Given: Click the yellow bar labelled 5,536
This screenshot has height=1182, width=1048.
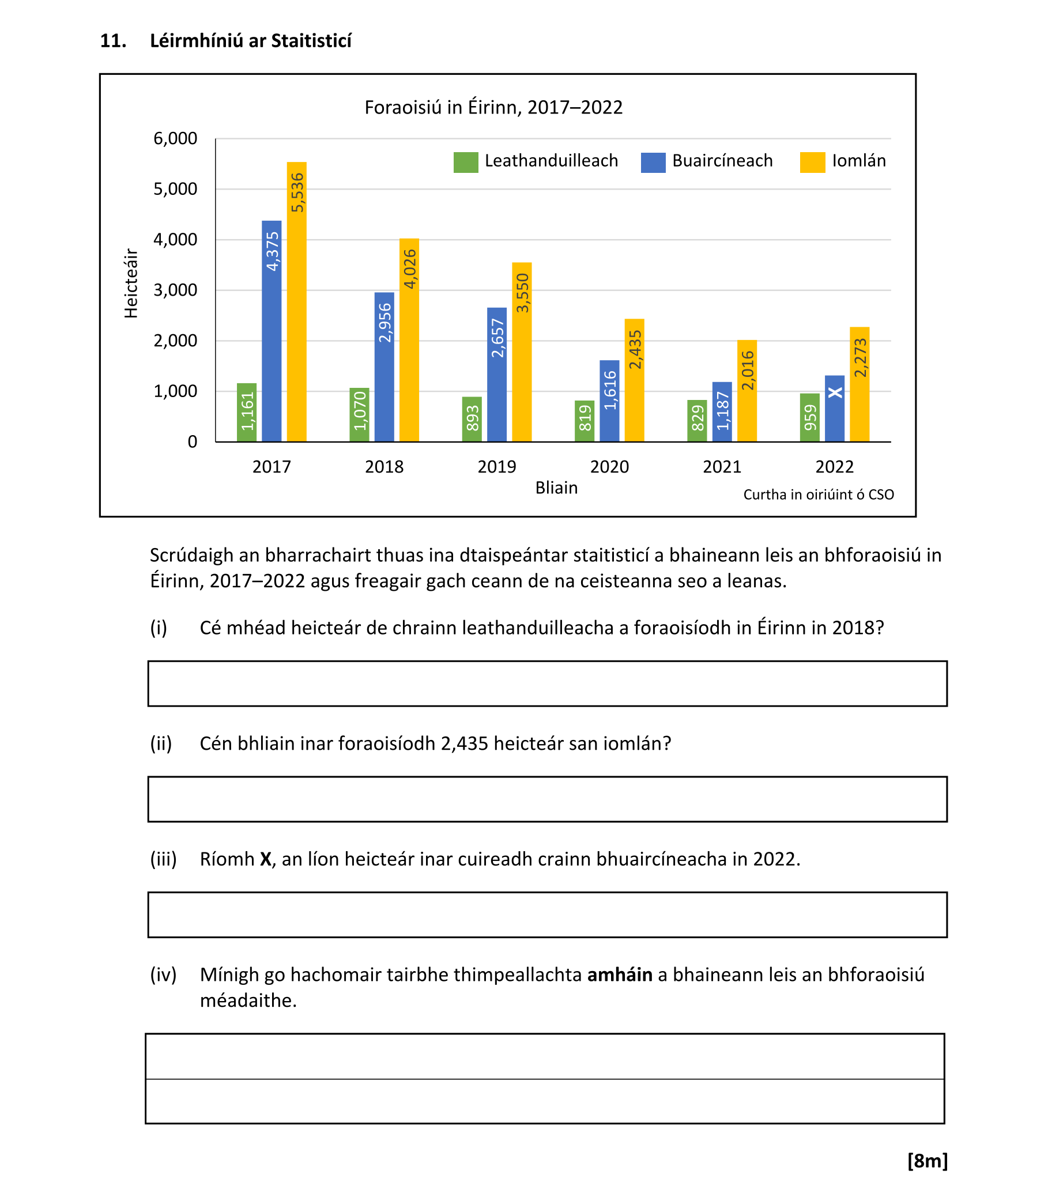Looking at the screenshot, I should (297, 301).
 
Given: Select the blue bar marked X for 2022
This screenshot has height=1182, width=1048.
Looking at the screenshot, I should (835, 408).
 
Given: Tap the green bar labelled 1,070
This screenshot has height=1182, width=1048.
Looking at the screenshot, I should (359, 414).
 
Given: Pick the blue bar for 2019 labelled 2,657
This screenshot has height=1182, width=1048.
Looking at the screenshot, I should (497, 374).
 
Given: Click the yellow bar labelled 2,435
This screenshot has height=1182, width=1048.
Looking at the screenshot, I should (635, 380).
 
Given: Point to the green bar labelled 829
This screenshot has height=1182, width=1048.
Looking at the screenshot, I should (697, 420).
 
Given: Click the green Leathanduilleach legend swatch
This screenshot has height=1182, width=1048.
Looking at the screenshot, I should (466, 163).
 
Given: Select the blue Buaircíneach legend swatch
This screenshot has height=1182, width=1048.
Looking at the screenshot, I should (653, 163).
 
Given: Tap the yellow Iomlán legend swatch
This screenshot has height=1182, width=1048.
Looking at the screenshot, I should (812, 163).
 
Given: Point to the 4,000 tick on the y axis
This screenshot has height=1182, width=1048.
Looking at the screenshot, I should (175, 239).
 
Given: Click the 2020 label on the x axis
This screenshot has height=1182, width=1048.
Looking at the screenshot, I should (609, 467).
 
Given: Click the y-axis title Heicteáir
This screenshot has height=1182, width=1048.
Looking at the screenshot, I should (131, 284).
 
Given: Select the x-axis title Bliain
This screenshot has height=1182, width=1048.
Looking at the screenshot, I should (556, 488).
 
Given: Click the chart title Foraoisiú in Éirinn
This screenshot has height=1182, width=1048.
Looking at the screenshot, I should (493, 108).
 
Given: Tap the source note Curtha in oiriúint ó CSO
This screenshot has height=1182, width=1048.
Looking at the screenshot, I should (819, 495).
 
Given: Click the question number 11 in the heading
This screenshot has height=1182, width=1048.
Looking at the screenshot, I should (113, 41).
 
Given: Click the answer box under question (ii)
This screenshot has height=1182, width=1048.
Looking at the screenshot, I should (547, 799).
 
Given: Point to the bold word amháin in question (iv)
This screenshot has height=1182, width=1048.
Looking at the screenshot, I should (620, 975).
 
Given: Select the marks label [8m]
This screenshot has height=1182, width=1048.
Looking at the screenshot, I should (927, 1160).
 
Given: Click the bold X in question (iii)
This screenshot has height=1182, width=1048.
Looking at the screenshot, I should (266, 859).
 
